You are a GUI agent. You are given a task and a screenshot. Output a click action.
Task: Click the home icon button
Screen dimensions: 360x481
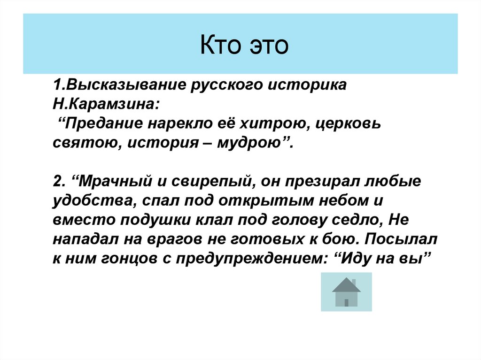(x=346, y=292)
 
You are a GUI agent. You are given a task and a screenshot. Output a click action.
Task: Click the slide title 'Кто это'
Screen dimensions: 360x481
(x=244, y=47)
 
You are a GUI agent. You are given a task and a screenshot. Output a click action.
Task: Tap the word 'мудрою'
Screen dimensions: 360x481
(x=251, y=142)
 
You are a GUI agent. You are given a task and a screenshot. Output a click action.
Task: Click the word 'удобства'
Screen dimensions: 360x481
(x=93, y=200)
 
